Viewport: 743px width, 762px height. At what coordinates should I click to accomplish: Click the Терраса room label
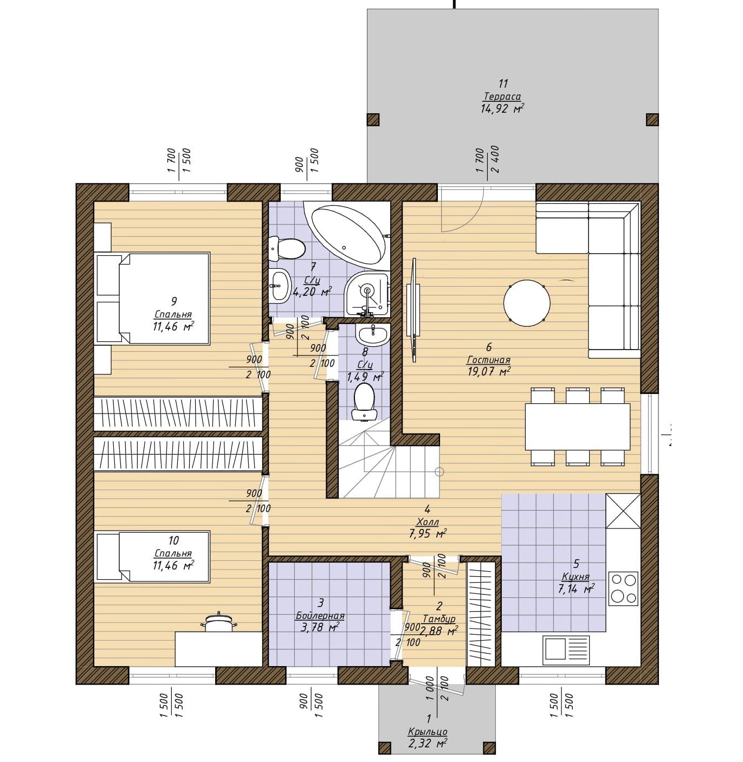tap(502, 96)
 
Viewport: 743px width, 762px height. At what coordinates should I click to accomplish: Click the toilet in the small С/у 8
tap(364, 402)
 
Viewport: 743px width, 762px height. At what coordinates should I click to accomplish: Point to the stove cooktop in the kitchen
tap(624, 589)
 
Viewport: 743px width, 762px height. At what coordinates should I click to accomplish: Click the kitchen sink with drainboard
tap(566, 647)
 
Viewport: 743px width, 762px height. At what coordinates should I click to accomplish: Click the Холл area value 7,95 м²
tap(428, 533)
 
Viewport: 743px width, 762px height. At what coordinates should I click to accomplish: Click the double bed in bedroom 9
tap(164, 299)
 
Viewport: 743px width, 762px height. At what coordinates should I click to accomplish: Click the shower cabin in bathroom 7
tap(367, 294)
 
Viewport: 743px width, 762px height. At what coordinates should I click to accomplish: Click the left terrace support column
tap(373, 119)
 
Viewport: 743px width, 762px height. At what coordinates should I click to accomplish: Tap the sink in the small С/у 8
tap(372, 335)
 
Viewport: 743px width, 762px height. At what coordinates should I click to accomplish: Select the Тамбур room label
tap(439, 619)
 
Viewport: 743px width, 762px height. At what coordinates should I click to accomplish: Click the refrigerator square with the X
tap(623, 511)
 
